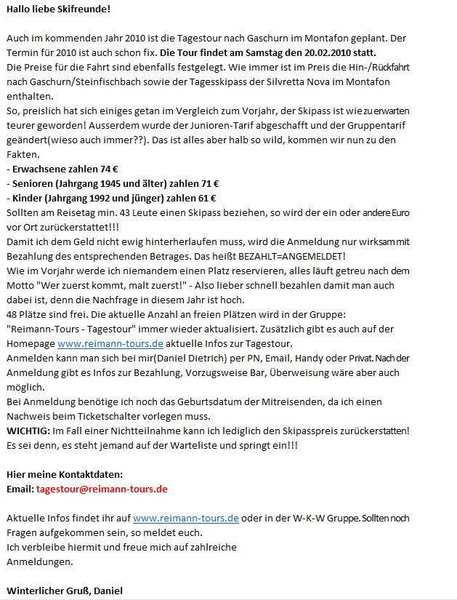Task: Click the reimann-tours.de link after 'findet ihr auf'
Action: pyautogui.click(x=186, y=519)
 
